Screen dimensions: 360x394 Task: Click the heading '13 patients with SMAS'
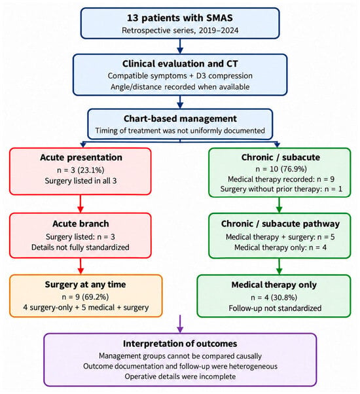[180, 18]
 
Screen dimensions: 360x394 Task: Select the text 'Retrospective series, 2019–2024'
[180, 30]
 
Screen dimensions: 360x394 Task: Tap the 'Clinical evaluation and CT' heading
[180, 64]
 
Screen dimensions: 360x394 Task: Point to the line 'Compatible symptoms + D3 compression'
[180, 76]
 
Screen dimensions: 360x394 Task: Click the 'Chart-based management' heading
[180, 118]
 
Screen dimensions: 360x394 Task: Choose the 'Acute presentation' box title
[81, 158]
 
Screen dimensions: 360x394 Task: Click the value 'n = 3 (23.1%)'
[81, 170]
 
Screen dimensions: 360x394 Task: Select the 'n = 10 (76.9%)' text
[281, 169]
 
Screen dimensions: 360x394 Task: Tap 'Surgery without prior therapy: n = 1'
[281, 189]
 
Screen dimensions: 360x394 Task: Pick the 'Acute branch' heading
[81, 224]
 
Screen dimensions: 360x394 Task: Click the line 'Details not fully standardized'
[81, 247]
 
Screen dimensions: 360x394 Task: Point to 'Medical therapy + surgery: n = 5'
[280, 237]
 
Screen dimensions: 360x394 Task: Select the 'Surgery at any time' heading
[85, 285]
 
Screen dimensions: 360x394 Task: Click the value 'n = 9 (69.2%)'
[85, 297]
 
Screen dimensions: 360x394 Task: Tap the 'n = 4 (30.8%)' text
[274, 298]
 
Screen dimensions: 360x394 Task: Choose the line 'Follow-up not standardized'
[275, 308]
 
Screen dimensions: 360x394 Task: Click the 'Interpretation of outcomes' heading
[180, 344]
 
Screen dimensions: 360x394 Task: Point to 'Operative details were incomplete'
[180, 376]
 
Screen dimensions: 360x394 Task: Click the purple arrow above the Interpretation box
[180, 323]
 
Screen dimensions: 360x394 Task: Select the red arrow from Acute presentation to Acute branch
[81, 204]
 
